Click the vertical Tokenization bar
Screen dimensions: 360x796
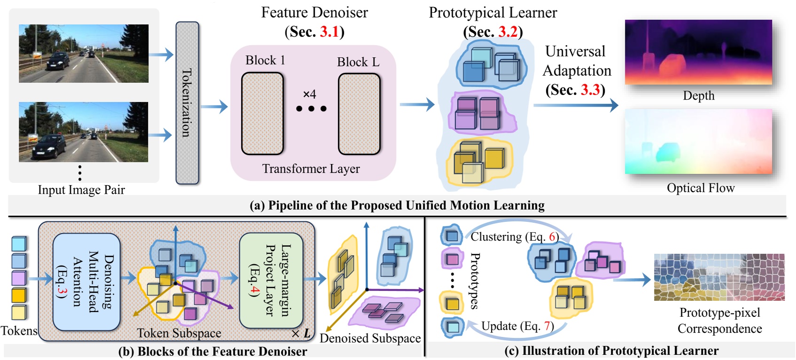(187, 102)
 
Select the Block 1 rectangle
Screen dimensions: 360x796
(262, 113)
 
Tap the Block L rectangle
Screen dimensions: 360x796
(359, 114)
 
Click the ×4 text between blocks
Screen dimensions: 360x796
(310, 94)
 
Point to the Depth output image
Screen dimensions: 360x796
(698, 52)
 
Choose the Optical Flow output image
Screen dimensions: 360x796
(698, 141)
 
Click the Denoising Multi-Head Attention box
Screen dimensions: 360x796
(86, 282)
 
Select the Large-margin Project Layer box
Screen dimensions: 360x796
(271, 280)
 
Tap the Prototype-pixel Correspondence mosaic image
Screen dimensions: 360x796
(719, 277)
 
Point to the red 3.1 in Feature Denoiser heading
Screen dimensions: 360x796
(329, 32)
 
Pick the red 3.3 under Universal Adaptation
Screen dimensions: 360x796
(590, 90)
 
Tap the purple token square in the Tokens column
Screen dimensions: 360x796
(19, 278)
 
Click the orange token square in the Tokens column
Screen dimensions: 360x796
(19, 295)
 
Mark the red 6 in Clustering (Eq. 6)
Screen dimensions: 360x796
(552, 237)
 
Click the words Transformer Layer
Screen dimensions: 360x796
(311, 169)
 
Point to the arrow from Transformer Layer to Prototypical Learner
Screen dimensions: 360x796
(417, 104)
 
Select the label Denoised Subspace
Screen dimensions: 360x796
(370, 338)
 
